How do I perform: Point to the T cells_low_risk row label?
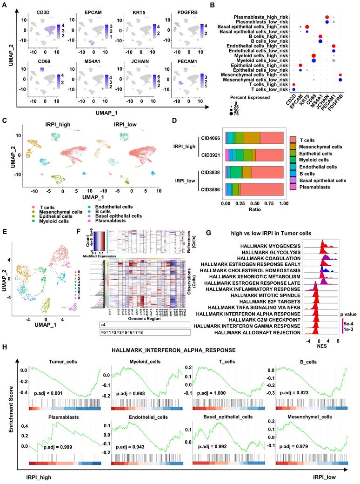tap(265, 89)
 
